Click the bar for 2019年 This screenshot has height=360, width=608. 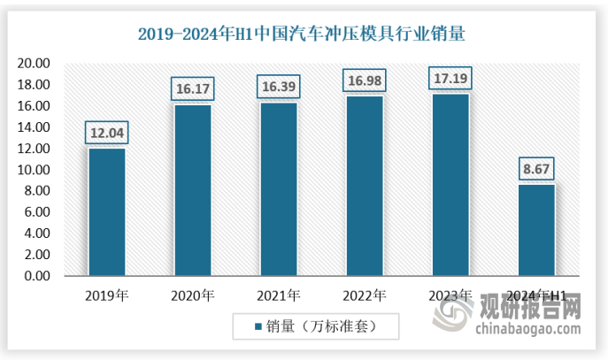coord(106,212)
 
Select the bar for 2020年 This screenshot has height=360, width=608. coord(192,190)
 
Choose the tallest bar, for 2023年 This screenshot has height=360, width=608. coord(450,185)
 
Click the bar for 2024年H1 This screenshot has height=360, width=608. coord(535,230)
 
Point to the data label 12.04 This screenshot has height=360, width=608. coord(106,133)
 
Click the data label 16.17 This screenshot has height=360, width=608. coord(192,89)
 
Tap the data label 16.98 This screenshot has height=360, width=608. coord(364,80)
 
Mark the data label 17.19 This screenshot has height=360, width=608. coord(450,79)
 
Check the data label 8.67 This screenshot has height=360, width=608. coord(535,169)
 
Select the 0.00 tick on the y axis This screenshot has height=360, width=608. coord(38,276)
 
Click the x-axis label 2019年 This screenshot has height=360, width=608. coord(106,295)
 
